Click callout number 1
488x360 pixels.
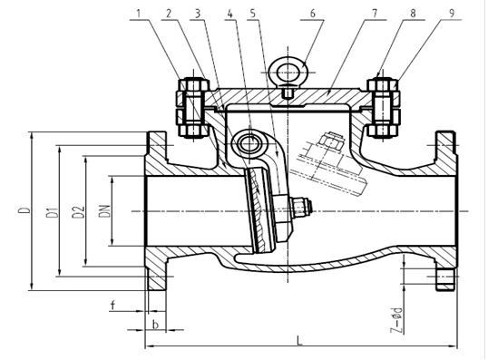click(x=139, y=14)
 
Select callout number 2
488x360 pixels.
click(x=169, y=14)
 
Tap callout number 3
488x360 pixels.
click(x=198, y=14)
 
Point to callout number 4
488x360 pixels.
click(x=229, y=14)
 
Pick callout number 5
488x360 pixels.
click(x=253, y=14)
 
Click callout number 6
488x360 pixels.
click(x=312, y=14)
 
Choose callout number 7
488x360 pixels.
click(x=375, y=14)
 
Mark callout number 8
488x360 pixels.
click(x=413, y=14)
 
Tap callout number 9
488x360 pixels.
click(x=452, y=14)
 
